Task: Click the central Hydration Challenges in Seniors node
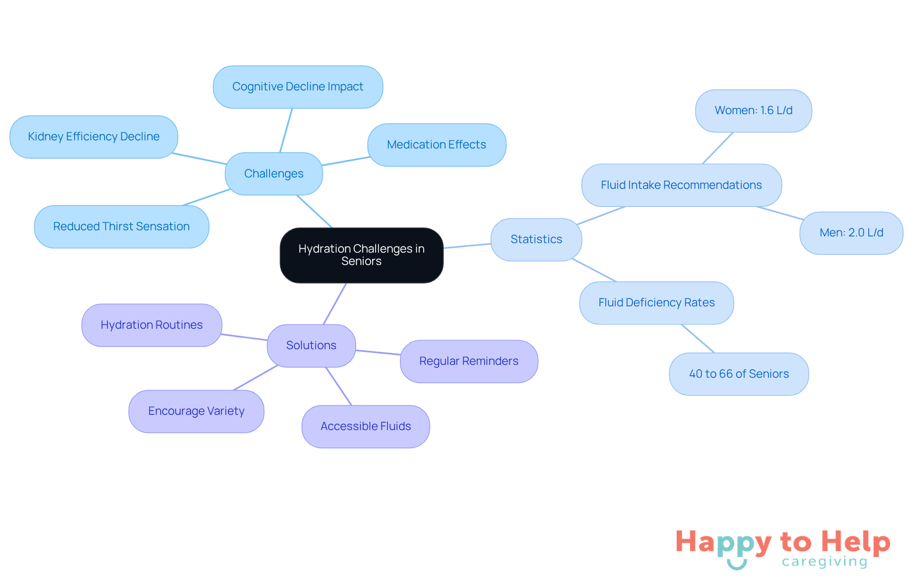pos(361,255)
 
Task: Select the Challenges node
pos(274,174)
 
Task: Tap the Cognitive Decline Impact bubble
pos(298,87)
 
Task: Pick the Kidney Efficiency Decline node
pos(94,137)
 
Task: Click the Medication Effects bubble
pos(437,145)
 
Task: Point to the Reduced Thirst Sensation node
pos(122,226)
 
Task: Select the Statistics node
pos(536,239)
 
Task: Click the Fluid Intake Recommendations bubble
pos(681,185)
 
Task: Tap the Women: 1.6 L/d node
pos(754,111)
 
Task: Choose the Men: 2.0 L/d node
pos(851,233)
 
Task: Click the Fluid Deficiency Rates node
pos(657,303)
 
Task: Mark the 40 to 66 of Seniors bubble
pos(739,374)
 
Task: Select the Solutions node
pos(311,346)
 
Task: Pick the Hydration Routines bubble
pos(152,325)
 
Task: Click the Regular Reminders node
pos(469,362)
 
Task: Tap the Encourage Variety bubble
pos(196,411)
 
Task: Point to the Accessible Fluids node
pos(366,427)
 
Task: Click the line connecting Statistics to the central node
pos(467,246)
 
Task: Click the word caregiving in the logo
pos(825,562)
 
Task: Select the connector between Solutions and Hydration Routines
pos(244,337)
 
